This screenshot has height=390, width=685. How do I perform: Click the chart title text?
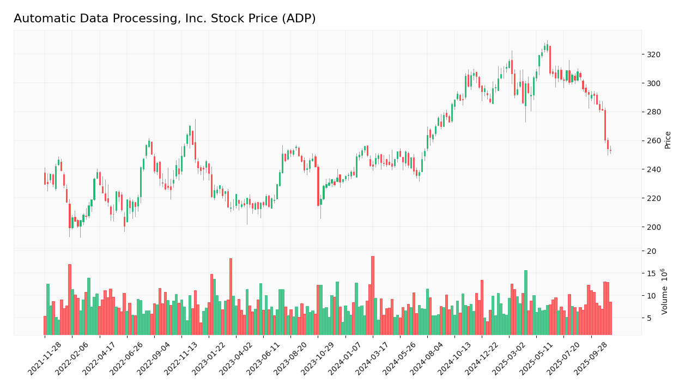165,19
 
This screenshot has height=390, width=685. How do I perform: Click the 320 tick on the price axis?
653,54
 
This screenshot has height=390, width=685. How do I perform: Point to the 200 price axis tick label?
653,227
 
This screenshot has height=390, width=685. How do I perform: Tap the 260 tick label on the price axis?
653,141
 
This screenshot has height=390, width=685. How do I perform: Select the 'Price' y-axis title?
668,140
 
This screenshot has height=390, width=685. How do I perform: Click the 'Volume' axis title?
664,291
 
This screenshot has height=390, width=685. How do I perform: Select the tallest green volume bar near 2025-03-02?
526,302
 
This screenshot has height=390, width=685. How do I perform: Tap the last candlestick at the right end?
610,151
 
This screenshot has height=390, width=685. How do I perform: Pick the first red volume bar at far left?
45,325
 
